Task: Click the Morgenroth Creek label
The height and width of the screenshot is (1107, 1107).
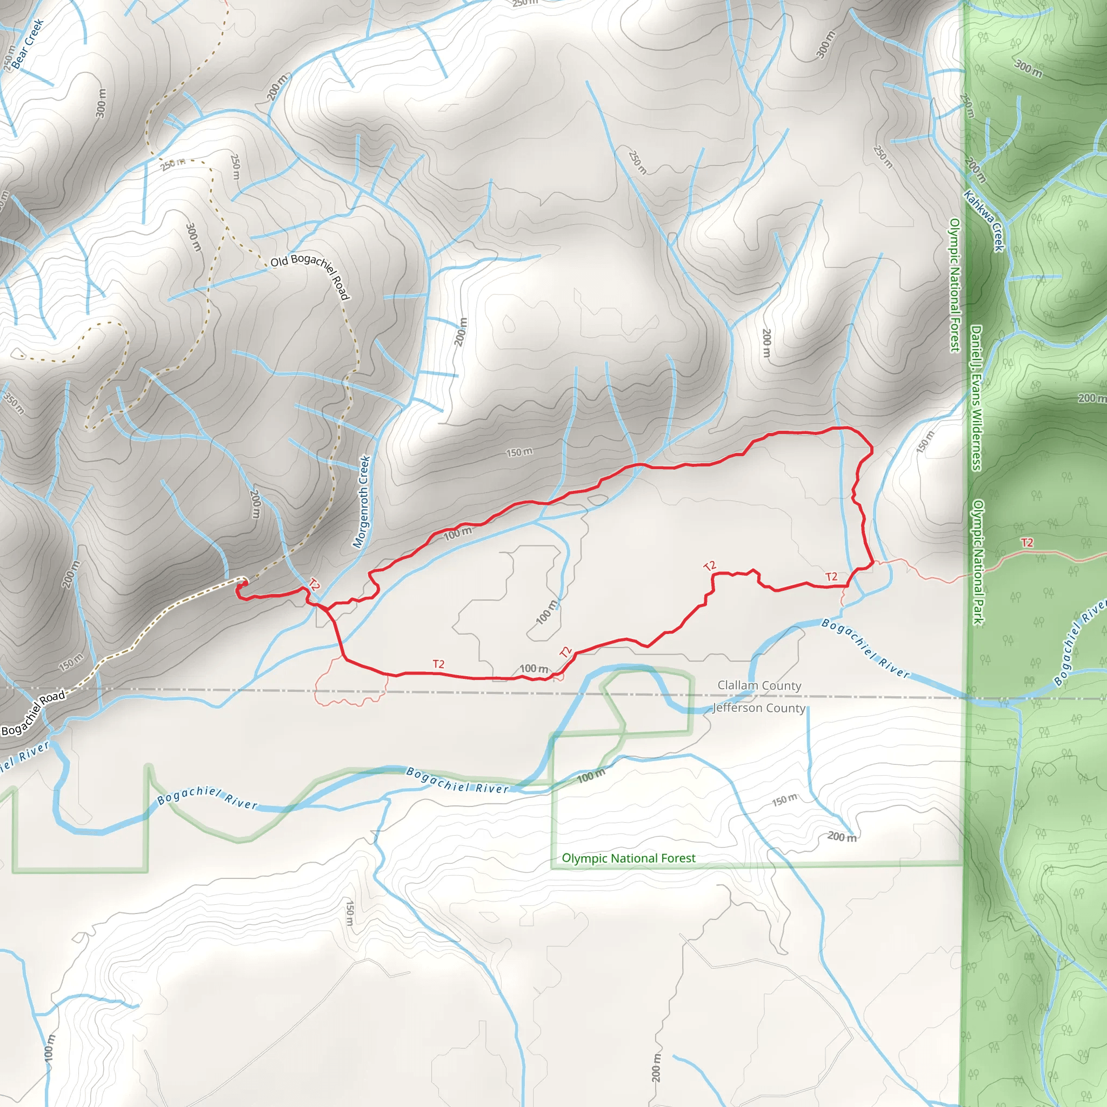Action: pos(362,502)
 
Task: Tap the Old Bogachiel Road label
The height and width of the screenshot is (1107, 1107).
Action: pos(310,275)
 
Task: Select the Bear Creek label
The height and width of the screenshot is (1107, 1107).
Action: pos(27,44)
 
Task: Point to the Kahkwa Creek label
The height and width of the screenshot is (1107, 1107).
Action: pos(984,221)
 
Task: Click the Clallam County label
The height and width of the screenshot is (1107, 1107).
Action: pos(759,685)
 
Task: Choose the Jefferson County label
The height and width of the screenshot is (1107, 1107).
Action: pos(758,708)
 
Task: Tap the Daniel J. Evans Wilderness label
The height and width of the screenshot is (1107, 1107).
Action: pos(976,398)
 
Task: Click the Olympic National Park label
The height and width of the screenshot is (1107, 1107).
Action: pos(977,562)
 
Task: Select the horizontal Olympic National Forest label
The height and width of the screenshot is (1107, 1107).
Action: pos(629,858)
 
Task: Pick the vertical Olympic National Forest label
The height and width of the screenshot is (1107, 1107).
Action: pos(955,285)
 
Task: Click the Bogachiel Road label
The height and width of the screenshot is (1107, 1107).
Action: pos(33,713)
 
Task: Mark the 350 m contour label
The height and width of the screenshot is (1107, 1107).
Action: pos(14,403)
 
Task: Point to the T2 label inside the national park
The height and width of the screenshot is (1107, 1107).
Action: pos(1027,543)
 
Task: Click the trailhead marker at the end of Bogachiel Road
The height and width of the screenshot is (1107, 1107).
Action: pos(242,583)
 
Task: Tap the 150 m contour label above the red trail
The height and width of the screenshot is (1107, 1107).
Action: pos(519,452)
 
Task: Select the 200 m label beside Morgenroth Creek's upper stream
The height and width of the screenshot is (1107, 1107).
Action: pos(461,332)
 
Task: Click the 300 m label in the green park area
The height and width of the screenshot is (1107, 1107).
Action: pos(1028,68)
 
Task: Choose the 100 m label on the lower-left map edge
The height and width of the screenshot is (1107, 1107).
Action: pos(50,1048)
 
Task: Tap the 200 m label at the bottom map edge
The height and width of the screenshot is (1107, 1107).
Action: pos(656,1068)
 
